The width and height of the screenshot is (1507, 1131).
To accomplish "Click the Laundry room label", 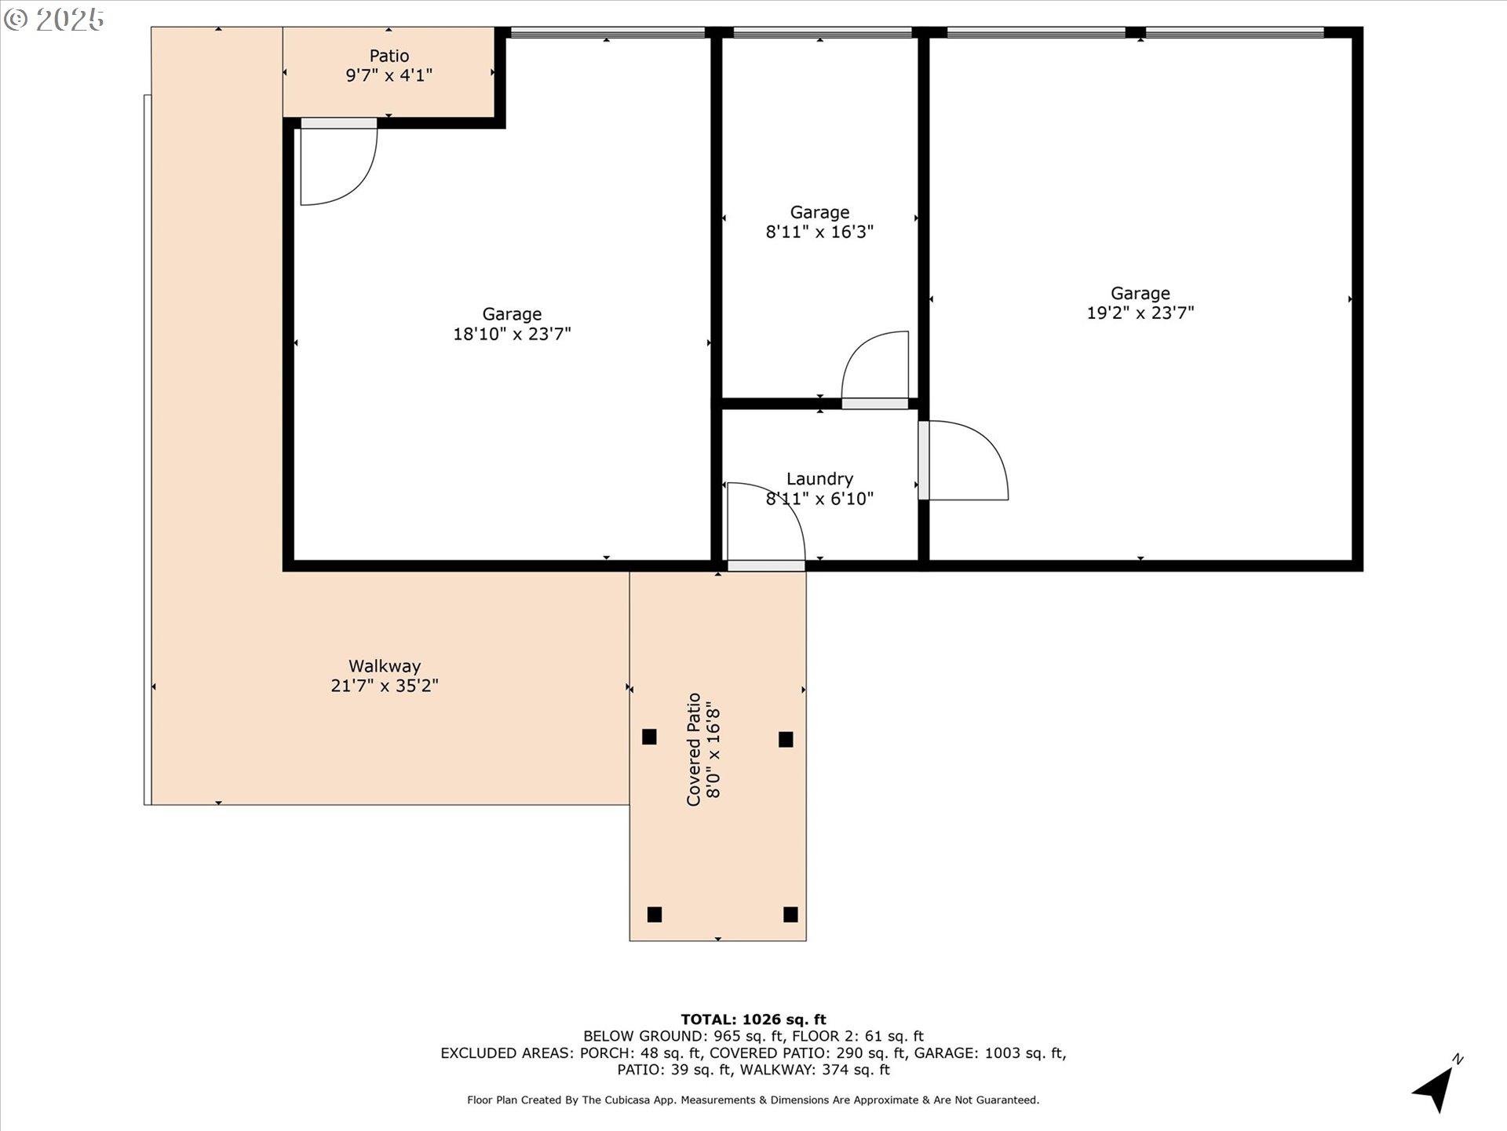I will pos(819,479).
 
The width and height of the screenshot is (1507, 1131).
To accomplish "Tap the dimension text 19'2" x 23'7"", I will pos(1140,313).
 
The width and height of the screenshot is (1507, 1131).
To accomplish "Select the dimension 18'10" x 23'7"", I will pos(512,334).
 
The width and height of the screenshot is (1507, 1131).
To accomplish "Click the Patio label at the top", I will pos(389,56).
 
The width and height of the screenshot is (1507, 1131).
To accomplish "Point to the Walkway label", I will pos(385,666).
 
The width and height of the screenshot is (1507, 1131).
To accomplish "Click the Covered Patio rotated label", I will pos(694,749).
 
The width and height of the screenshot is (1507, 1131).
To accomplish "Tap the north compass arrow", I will pos(1438,1087).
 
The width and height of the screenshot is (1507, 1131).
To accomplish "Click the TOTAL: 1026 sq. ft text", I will pos(753,1019).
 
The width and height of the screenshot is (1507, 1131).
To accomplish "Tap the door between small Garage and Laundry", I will pos(875,369).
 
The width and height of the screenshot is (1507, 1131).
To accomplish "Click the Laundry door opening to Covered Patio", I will pos(765,525).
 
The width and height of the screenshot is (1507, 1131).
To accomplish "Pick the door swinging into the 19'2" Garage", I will pos(964,461).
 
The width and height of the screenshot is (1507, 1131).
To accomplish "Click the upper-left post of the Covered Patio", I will pos(649,737).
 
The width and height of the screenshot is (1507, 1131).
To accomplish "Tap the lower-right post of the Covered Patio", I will pos(790,914).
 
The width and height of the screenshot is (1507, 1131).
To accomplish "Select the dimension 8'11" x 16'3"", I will pos(819,232).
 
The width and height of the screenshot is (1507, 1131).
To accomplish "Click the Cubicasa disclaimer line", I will pos(753,1100).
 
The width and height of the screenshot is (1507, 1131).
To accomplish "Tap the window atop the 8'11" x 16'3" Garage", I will pos(822,32).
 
